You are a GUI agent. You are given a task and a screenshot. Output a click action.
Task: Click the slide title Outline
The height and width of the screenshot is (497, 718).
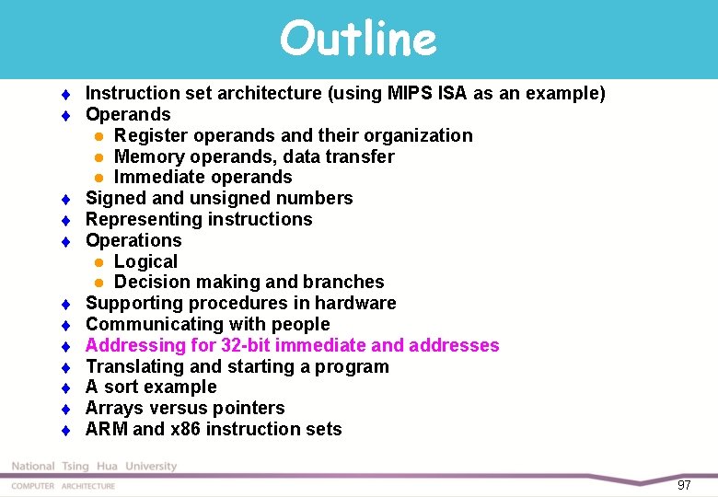click(x=358, y=39)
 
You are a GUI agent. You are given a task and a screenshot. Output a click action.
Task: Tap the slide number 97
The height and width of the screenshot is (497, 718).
click(x=684, y=484)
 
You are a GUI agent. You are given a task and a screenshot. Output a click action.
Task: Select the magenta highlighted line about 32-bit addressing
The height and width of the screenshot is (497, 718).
click(x=292, y=345)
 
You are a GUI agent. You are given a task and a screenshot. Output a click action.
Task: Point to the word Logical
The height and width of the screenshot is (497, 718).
click(x=145, y=261)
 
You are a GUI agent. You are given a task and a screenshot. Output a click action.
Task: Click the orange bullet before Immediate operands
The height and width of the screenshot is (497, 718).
click(x=98, y=178)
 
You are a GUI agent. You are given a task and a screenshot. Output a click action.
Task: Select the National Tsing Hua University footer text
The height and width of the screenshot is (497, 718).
click(x=94, y=467)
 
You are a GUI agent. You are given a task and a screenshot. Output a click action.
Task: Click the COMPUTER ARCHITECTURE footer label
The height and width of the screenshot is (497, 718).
click(x=64, y=486)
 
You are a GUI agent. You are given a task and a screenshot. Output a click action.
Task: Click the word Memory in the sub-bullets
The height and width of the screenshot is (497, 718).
click(x=147, y=156)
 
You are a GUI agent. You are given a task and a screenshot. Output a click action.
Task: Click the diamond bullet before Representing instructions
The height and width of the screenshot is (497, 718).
click(x=67, y=220)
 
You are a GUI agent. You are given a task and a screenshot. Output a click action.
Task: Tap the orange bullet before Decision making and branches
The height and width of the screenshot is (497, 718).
click(x=98, y=283)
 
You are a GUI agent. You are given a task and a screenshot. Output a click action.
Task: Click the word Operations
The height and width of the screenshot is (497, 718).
click(x=133, y=240)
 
